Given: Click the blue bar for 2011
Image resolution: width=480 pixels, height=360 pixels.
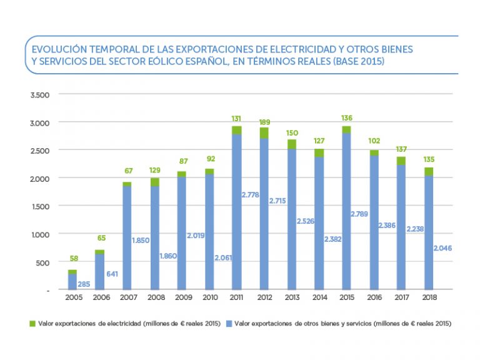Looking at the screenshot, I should click(x=236, y=212).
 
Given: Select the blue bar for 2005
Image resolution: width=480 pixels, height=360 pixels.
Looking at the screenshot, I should click(x=72, y=282).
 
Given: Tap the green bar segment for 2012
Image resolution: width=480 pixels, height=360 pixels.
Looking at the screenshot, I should click(x=264, y=132).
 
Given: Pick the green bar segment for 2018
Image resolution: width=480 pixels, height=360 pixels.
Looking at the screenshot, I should click(x=428, y=171).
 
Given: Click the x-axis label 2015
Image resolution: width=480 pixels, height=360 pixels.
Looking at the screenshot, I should click(x=346, y=298).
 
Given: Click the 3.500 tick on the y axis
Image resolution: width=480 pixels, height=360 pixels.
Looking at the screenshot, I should click(x=39, y=94).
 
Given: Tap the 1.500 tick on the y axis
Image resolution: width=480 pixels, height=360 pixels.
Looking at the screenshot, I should click(x=39, y=206).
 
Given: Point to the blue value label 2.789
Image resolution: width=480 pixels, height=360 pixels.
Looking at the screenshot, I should click(x=359, y=214).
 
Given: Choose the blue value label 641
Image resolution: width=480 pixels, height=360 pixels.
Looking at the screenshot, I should click(x=114, y=273).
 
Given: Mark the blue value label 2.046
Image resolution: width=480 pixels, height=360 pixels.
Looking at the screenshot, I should click(x=442, y=248).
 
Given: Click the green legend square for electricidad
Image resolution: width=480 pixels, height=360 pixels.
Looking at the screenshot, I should click(x=32, y=324).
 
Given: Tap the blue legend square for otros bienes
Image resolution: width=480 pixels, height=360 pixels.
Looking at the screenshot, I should click(x=230, y=324).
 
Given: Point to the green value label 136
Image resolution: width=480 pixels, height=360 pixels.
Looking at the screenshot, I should click(x=346, y=118).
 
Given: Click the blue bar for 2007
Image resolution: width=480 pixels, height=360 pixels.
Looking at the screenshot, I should click(x=127, y=237).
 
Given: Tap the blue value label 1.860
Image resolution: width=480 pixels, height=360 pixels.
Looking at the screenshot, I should click(x=167, y=256).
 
